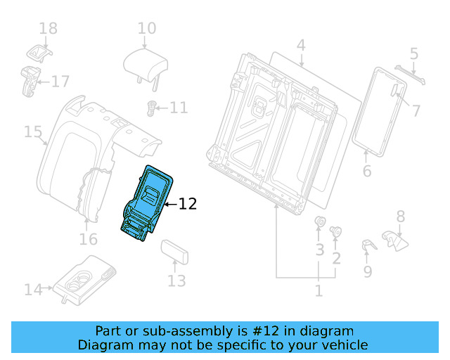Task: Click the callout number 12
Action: [187, 204]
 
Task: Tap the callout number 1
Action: [319, 290]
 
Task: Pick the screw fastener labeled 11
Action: [150, 108]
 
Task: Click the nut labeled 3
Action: [319, 225]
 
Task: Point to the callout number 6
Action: [366, 171]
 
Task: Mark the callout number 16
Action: [88, 239]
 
